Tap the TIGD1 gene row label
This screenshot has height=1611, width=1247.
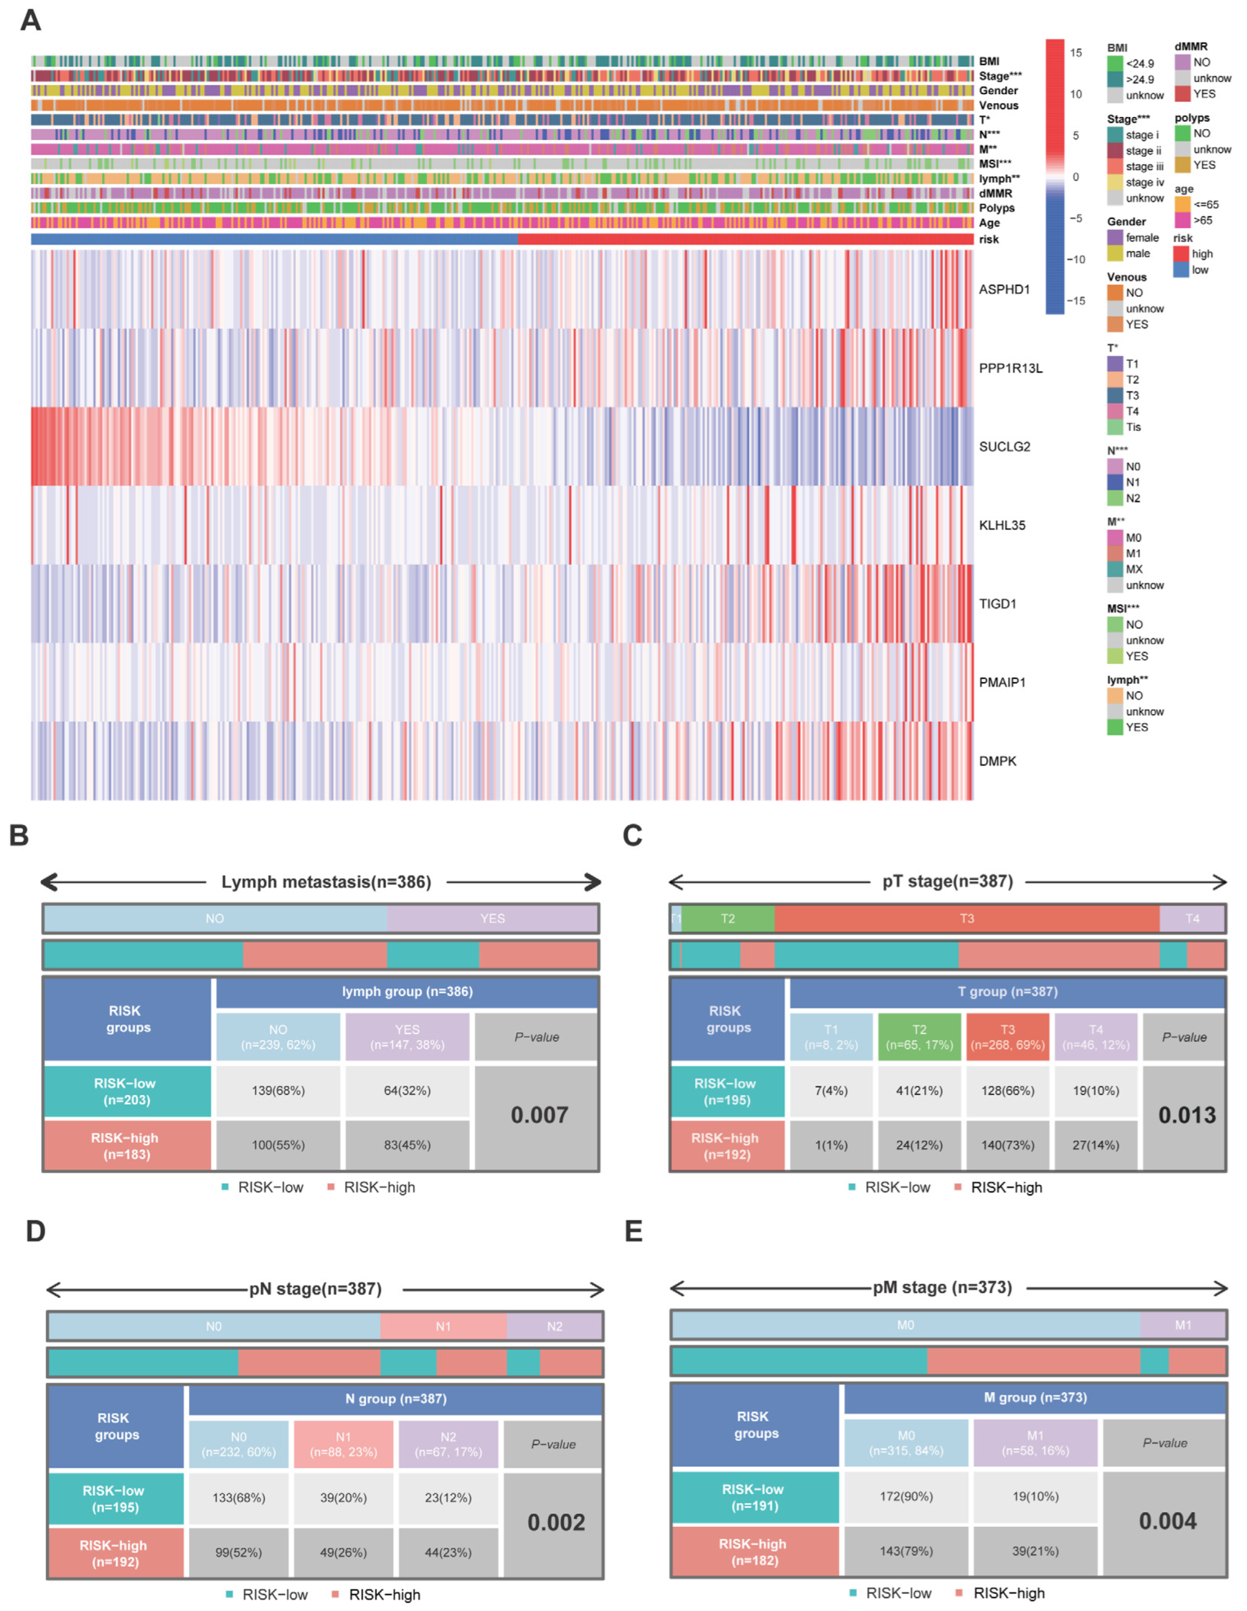[x=997, y=604]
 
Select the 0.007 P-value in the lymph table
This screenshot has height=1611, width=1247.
[x=539, y=1115]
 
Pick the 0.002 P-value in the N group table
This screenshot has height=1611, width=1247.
[x=556, y=1522]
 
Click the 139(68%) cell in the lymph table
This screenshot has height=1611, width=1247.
[x=278, y=1090]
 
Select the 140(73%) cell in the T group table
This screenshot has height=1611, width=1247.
[x=1007, y=1145]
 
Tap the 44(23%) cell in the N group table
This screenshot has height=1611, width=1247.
[x=448, y=1552]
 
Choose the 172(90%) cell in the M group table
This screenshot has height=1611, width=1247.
[x=906, y=1496]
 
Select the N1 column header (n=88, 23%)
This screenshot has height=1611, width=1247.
[x=343, y=1444]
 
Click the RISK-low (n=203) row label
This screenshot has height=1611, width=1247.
[x=125, y=1091]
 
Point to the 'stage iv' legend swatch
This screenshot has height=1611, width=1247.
[x=1115, y=182]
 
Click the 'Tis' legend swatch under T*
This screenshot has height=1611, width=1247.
[x=1115, y=427]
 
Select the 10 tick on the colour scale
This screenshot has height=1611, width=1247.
[x=1076, y=95]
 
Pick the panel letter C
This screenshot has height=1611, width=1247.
[x=632, y=835]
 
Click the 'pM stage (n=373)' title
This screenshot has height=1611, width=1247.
[x=942, y=1287]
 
